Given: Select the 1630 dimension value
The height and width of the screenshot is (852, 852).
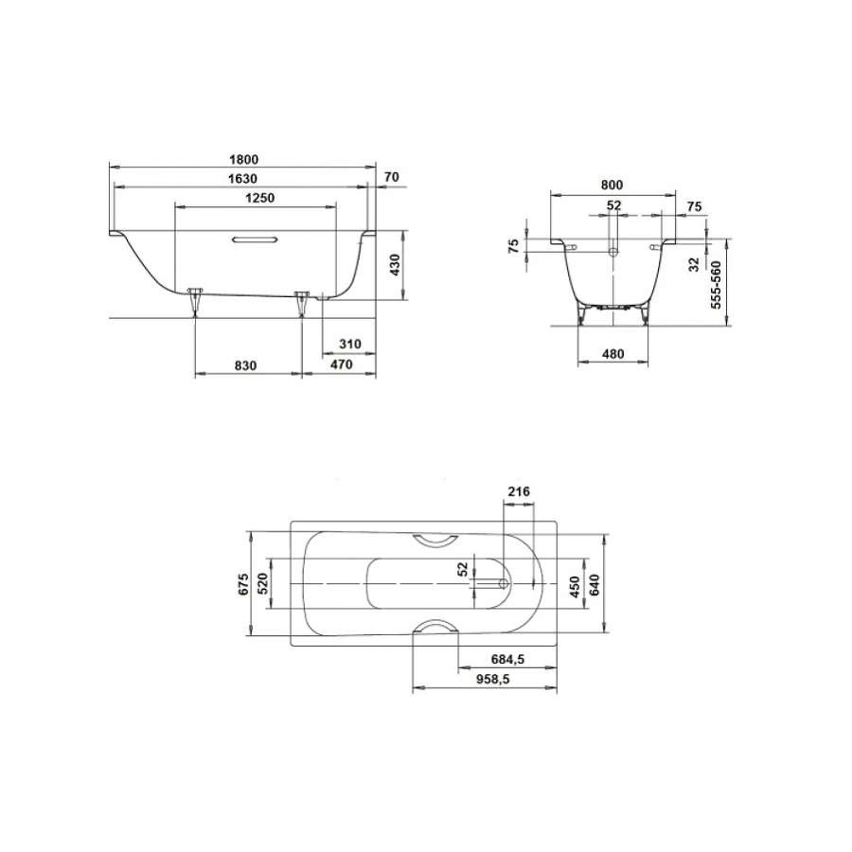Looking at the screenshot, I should (x=243, y=179).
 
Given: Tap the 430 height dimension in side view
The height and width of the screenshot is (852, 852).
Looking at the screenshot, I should (x=395, y=264).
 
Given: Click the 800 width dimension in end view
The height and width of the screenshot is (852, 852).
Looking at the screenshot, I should (x=613, y=186).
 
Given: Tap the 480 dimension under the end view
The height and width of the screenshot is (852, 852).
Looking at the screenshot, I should (x=613, y=354).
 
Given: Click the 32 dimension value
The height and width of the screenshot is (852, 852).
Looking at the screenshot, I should (x=694, y=264).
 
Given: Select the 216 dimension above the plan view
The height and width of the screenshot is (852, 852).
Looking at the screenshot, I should (x=518, y=490).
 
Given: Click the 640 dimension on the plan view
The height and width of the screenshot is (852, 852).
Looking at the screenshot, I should (x=595, y=585).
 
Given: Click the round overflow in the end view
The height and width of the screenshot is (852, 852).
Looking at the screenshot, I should (x=613, y=253).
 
